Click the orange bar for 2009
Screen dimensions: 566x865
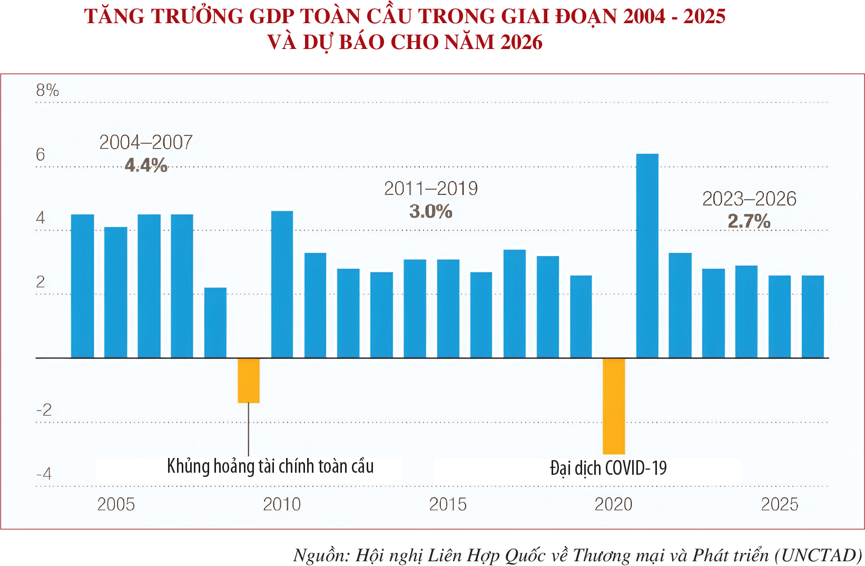[x=249, y=380]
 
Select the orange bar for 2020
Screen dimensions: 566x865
[x=614, y=406]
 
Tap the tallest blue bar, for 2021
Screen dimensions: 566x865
[x=647, y=256]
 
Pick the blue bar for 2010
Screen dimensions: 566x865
[x=282, y=285]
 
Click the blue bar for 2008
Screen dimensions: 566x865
[x=215, y=323]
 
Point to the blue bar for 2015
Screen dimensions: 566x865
[x=448, y=308]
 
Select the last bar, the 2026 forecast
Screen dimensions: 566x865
[x=813, y=316]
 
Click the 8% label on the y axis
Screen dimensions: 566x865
[x=47, y=90]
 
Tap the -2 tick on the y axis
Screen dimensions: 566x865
[x=44, y=410]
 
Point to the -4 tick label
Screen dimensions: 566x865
[x=44, y=474]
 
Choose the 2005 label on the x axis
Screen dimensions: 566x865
[x=116, y=504]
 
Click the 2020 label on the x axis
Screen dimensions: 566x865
[x=613, y=504]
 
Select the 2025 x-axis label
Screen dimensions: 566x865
[x=780, y=504]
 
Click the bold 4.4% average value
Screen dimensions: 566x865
[x=146, y=165]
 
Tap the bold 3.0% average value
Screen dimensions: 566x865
[x=431, y=211]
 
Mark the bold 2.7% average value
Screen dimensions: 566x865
[x=749, y=221]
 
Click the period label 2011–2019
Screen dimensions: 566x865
[x=431, y=188]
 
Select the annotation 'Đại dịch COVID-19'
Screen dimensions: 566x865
[x=608, y=468]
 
